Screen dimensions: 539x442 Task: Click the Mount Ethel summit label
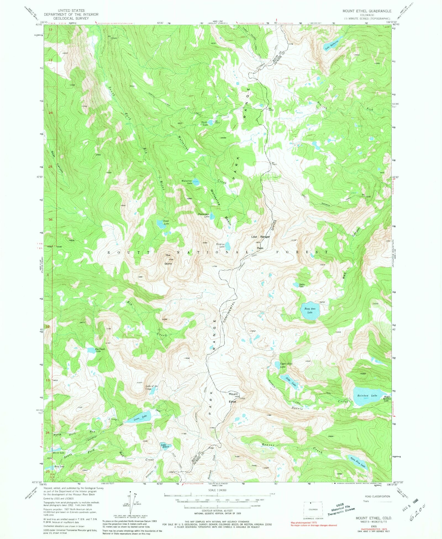click(233, 398)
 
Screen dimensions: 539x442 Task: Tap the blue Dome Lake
click(160, 224)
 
